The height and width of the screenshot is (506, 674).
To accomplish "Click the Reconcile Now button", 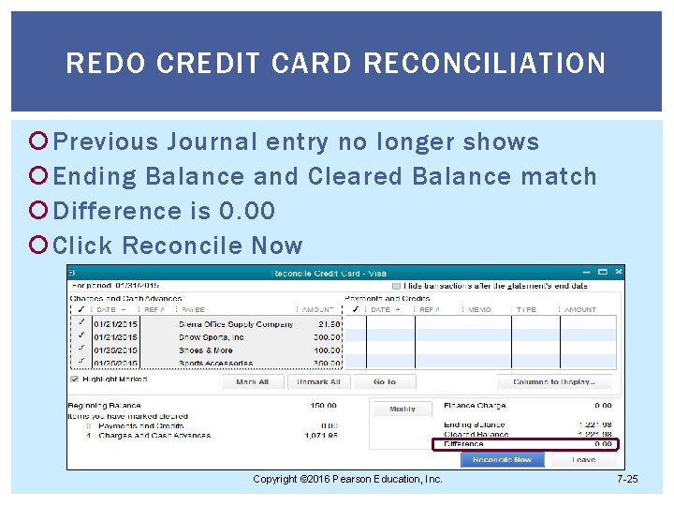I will coord(502,460).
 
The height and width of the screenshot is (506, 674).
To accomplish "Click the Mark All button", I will coord(253,381).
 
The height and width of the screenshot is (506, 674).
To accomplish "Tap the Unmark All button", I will coord(318,381).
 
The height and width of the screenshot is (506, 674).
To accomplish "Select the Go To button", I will coord(385,381).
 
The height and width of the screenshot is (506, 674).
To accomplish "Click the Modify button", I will coord(403,409).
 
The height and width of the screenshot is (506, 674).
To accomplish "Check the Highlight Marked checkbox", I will coord(75,379).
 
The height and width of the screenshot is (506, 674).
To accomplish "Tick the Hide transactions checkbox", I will coord(397,286).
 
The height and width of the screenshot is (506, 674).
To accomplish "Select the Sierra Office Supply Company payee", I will coord(235,324).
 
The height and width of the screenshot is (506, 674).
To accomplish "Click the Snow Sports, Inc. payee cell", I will coord(212,337).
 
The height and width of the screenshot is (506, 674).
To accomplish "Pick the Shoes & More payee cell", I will coord(206,350).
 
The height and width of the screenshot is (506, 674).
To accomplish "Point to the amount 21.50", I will coord(329,324).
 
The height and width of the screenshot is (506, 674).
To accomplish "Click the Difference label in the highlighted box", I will coord(464,444).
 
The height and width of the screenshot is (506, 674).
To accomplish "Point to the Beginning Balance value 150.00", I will coord(323,406).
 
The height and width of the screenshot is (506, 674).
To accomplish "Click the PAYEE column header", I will coord(194,309).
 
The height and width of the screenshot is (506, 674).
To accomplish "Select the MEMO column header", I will coord(480,309).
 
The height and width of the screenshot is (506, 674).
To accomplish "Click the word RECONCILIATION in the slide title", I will coord(484,64).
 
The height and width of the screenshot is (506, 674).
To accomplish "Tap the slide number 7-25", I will coord(627,480).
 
